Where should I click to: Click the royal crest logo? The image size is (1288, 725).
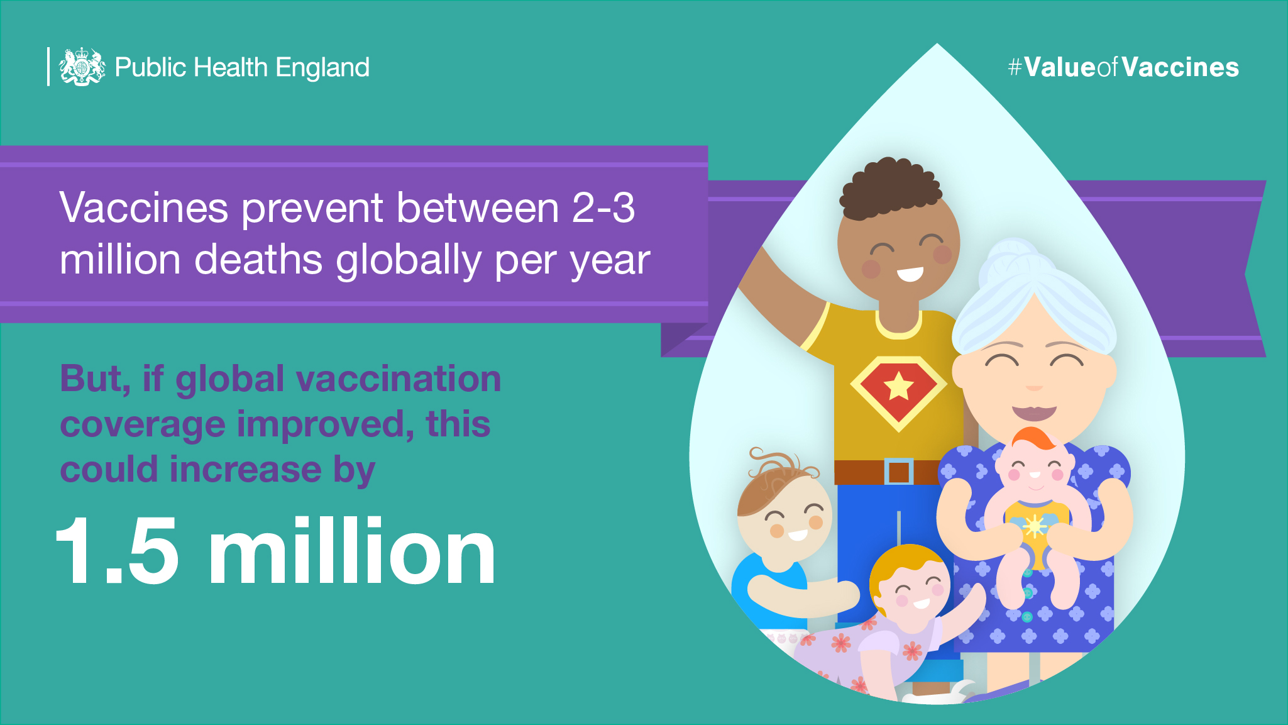pyautogui.click(x=82, y=67)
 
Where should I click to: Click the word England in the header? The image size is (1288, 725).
pyautogui.click(x=322, y=68)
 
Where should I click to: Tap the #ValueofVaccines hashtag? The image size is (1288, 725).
pyautogui.click(x=1123, y=67)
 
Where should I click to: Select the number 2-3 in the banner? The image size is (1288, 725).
pyautogui.click(x=603, y=208)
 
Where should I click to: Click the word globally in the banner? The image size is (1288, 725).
pyautogui.click(x=409, y=260)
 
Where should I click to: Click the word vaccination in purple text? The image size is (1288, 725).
pyautogui.click(x=399, y=379)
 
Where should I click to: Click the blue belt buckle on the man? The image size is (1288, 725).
pyautogui.click(x=899, y=472)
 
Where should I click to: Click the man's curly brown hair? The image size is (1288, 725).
pyautogui.click(x=889, y=187)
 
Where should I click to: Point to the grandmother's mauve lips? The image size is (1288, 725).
pyautogui.click(x=1034, y=412)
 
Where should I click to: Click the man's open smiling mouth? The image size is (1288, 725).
pyautogui.click(x=910, y=274)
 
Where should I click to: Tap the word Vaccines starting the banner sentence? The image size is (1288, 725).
pyautogui.click(x=144, y=208)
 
